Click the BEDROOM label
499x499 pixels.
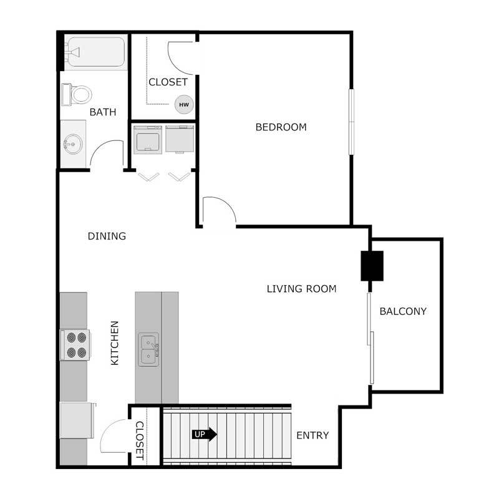(x=281, y=127)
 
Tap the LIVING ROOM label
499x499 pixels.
(x=301, y=289)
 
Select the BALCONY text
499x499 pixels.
(x=403, y=311)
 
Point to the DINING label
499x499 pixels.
(x=107, y=236)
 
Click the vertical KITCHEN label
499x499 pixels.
(x=115, y=343)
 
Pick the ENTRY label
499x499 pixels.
(x=312, y=435)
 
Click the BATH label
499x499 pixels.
(x=103, y=112)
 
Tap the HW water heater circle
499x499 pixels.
(x=184, y=104)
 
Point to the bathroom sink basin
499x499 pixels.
(x=72, y=145)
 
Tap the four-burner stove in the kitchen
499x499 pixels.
(x=75, y=345)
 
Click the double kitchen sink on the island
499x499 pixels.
(x=148, y=349)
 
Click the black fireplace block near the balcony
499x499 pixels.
(x=371, y=266)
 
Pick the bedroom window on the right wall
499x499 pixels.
(x=351, y=122)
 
